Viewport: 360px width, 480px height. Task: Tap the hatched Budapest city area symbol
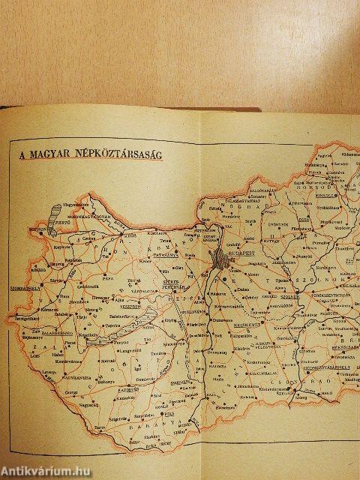click(220, 257)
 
